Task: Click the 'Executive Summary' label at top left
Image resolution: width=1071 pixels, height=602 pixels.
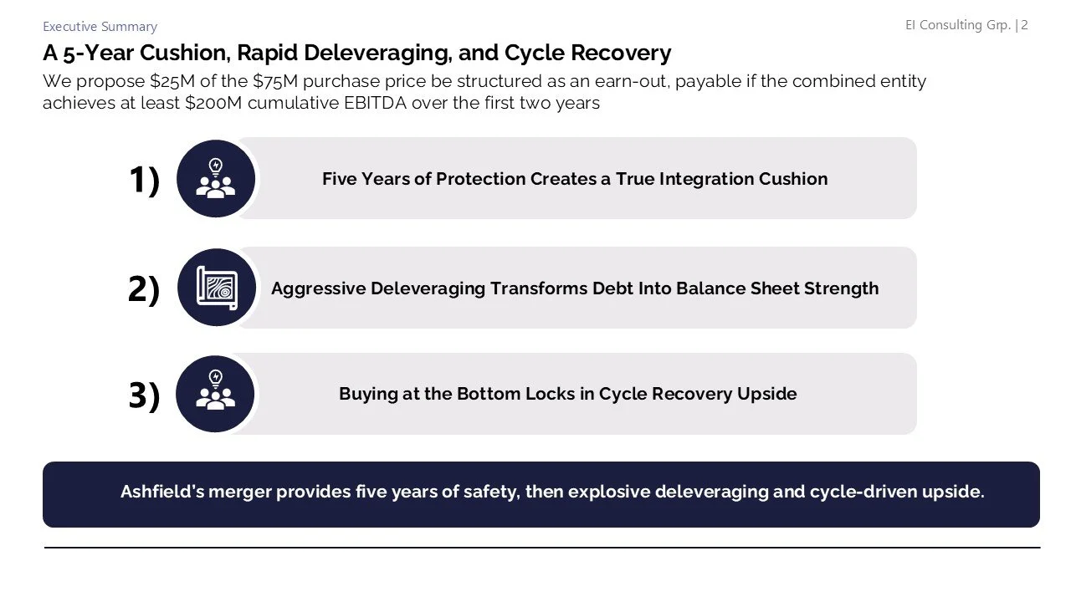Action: pos(100,27)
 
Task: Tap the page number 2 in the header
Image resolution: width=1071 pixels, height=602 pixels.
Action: pos(1024,25)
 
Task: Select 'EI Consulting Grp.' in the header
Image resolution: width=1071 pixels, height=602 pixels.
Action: pos(958,25)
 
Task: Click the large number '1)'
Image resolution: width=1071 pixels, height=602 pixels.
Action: pos(144,180)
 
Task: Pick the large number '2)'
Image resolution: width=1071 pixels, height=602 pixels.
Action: pos(144,289)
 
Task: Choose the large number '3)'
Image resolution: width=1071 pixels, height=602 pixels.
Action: pos(144,395)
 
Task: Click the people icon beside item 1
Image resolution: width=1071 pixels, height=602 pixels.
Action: pos(216,179)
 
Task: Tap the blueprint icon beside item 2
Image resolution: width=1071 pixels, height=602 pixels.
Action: pos(216,288)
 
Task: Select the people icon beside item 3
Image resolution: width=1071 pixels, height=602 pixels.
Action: pos(216,394)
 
